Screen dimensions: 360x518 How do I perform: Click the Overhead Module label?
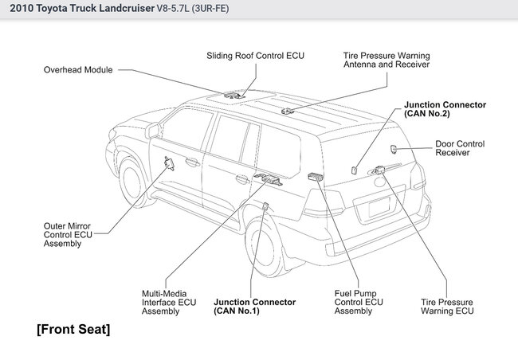(77, 70)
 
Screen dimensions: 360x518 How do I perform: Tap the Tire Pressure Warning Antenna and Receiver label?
(387, 60)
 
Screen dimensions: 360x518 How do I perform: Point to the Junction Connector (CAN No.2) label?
(445, 108)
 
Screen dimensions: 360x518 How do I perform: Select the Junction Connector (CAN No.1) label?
(255, 307)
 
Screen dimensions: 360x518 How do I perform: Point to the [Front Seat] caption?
(73, 329)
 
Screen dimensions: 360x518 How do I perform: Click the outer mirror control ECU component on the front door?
(170, 165)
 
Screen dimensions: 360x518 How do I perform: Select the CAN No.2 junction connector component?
(353, 168)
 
